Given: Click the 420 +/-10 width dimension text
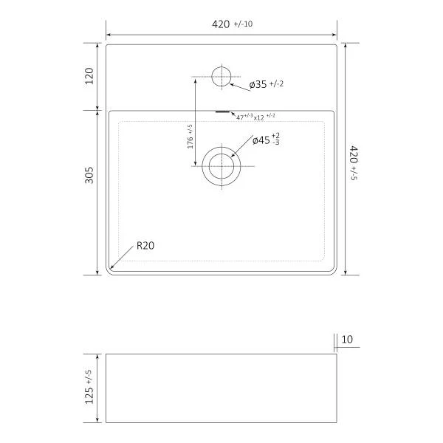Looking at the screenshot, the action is coord(233,24).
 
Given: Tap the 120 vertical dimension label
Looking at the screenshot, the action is coord(89,76).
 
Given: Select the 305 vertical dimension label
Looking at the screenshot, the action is coord(89,175).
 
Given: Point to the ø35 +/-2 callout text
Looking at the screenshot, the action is coord(267,84).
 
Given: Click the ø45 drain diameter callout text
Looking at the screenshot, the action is coord(266,140).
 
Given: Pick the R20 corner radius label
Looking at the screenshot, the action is coord(145,246).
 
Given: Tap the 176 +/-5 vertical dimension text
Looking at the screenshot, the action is coord(190,137).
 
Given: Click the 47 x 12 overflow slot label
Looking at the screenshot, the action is coord(255,117).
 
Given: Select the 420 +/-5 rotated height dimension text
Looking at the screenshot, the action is coord(354,162).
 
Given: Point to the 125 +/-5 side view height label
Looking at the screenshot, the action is coord(89,386).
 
